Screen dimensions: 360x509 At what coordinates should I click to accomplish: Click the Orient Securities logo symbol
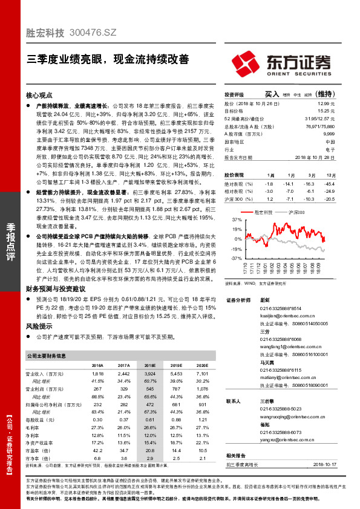point(247,62)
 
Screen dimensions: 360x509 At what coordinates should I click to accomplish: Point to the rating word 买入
point(272,95)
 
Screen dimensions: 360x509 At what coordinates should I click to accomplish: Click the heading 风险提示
point(40,326)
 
